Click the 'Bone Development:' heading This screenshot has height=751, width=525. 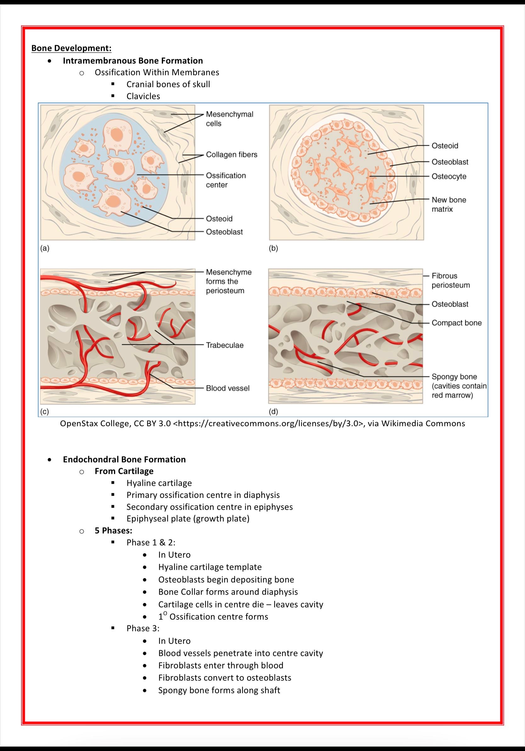pos(71,48)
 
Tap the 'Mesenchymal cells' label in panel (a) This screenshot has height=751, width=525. pos(229,119)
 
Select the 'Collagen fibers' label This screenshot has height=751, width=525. pos(231,154)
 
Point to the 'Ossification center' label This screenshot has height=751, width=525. pos(225,180)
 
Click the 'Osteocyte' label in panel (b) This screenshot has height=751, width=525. pos(449,176)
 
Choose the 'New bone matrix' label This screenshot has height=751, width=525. pos(449,204)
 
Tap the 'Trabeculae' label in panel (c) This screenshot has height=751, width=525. pos(224,345)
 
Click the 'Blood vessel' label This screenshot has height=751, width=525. pos(228,388)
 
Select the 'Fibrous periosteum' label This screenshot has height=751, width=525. pos(450,280)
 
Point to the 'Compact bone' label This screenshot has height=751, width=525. pos(456,323)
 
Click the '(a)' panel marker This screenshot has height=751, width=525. pos(45,248)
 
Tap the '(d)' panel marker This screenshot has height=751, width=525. pos(273,411)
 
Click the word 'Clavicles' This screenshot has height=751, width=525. pos(143,96)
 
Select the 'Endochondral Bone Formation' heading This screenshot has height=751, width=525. pos(124,459)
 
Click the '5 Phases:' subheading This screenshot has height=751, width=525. pos(113,531)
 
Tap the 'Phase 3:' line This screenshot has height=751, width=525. pos(143,628)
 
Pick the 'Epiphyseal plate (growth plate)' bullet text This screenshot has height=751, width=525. pos(188,519)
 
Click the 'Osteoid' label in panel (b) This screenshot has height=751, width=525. pos(444,146)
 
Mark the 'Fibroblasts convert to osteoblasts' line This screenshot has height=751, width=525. pos(224,678)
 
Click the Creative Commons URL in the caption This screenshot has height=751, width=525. pos(268,424)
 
